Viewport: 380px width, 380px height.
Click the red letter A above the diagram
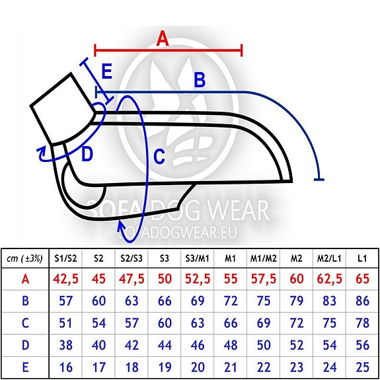163,39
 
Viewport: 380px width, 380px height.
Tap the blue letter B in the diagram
200,80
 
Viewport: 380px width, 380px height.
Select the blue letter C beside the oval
159,157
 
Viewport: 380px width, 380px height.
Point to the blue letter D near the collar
87,155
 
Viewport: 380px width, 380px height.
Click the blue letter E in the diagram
107,71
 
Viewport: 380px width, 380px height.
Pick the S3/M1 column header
198,259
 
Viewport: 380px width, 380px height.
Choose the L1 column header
362,259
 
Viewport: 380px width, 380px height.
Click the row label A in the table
25,279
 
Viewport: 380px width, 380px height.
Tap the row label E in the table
25,367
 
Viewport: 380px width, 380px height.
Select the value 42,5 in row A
66,279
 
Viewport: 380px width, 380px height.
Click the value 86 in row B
363,301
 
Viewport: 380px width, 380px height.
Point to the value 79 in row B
297,301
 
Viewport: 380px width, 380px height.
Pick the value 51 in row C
65,323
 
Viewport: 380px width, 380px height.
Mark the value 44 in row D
165,345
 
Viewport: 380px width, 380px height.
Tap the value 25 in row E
363,367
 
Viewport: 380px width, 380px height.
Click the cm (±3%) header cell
24,259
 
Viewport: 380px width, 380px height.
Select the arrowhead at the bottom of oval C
122,225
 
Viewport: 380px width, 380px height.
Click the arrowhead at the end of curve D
42,152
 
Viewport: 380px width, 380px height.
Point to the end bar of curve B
319,179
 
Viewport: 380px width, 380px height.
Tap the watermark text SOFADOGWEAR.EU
177,233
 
